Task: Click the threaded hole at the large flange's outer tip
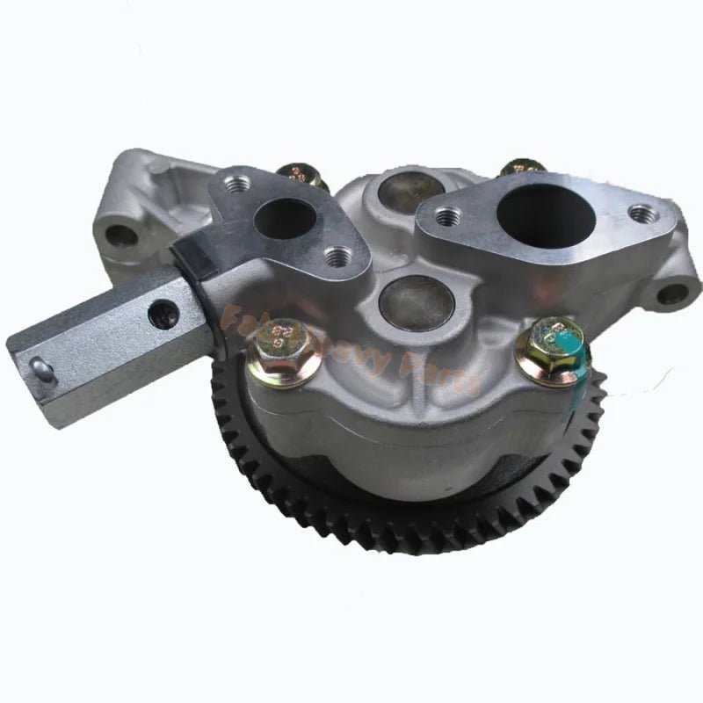(641, 214)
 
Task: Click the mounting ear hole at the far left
(120, 236)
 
